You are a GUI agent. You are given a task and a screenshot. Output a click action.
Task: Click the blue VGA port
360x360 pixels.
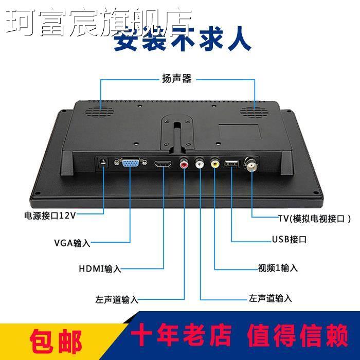(x=129, y=164)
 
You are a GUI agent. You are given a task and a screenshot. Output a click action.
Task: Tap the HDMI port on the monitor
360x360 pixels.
(x=163, y=165)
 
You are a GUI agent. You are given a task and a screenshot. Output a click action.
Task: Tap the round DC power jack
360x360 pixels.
(x=103, y=163)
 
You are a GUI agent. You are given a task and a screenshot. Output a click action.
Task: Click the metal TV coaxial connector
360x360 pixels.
(x=253, y=164)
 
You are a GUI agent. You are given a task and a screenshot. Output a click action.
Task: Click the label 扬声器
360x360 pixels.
(x=177, y=79)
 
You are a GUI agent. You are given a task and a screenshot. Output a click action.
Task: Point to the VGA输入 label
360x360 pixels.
(x=72, y=243)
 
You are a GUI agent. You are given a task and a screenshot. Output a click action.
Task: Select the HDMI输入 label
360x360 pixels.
(x=100, y=268)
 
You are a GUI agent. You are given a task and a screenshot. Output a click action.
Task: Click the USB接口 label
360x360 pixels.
(x=289, y=240)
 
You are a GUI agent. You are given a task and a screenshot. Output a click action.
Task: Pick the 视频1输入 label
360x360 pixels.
(x=278, y=268)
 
